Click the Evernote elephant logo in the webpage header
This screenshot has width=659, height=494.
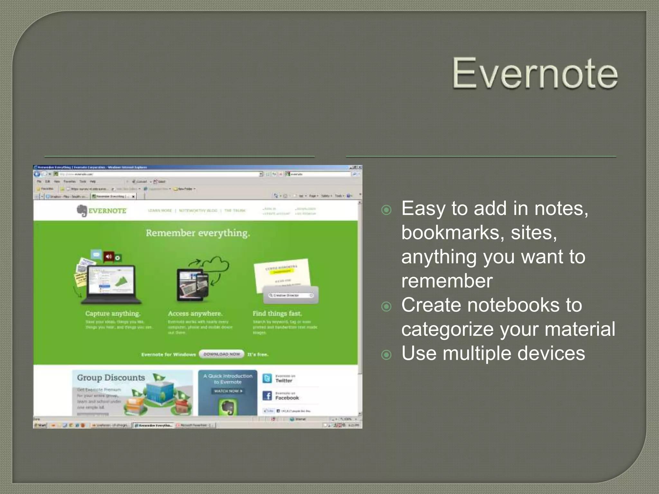click(x=82, y=211)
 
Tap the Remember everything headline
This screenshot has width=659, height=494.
click(x=198, y=233)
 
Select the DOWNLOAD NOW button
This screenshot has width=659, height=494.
click(x=222, y=354)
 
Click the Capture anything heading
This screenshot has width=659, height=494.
click(x=113, y=314)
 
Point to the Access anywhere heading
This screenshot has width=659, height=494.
click(x=195, y=314)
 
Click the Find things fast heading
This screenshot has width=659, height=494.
click(x=277, y=314)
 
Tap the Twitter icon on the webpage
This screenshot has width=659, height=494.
click(x=267, y=379)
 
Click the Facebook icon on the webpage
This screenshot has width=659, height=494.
click(x=267, y=396)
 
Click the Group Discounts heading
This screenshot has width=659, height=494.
click(x=111, y=378)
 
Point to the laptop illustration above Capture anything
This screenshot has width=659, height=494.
click(x=111, y=285)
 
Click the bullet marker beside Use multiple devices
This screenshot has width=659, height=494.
click(x=386, y=355)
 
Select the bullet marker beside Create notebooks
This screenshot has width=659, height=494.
click(x=386, y=306)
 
